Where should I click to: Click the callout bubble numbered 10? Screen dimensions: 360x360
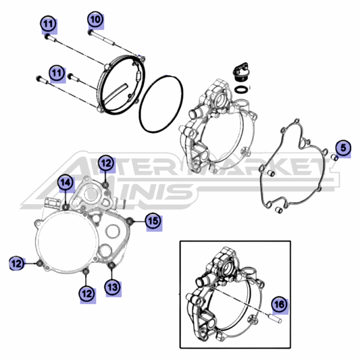95,20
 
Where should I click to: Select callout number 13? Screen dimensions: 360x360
113,287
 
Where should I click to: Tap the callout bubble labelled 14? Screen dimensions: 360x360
66,183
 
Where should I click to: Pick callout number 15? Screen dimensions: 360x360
153,221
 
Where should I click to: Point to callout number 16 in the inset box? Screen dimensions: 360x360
280,305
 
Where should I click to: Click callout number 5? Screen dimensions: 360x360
343,148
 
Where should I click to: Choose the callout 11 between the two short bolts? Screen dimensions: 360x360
57,73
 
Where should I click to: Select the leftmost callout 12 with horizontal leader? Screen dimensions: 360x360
16,263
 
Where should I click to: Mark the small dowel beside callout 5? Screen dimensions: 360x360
334,157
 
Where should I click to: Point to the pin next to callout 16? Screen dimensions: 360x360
277,318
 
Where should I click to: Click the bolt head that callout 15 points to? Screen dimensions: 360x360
130,221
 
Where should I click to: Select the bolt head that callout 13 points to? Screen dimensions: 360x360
111,265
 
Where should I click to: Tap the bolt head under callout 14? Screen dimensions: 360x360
66,207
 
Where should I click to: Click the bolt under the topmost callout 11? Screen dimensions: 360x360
51,38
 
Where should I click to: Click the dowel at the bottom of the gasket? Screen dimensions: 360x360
278,210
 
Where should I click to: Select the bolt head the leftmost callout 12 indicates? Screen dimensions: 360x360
39,263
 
